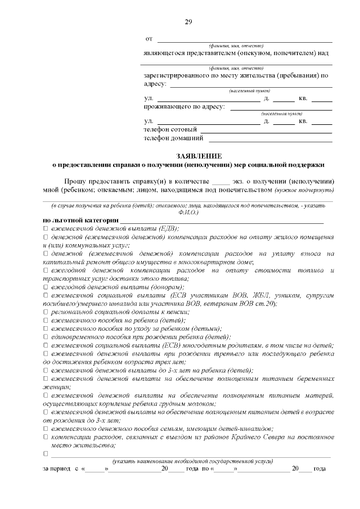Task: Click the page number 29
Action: coord(188,22)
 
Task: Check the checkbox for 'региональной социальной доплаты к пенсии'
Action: coord(46,312)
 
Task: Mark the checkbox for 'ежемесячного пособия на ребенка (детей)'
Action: coord(46,320)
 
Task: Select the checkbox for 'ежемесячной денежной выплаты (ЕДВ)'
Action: coord(46,228)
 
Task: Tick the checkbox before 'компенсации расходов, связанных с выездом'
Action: coord(46,437)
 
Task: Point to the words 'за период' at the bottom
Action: coord(56,469)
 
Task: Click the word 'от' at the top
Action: coord(149,39)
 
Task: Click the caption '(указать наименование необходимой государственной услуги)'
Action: coord(192,461)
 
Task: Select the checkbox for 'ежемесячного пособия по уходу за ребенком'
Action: coord(46,328)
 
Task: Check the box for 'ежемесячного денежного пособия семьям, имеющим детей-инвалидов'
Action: coord(46,429)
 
